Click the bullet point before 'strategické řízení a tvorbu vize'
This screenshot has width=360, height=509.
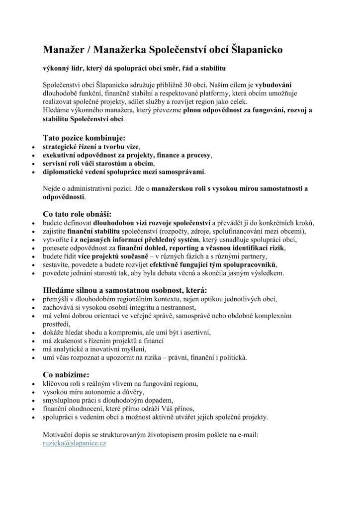pos(33,148)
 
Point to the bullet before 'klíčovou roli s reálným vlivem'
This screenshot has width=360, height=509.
pos(33,384)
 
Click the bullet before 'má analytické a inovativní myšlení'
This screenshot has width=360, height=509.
pos(33,349)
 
